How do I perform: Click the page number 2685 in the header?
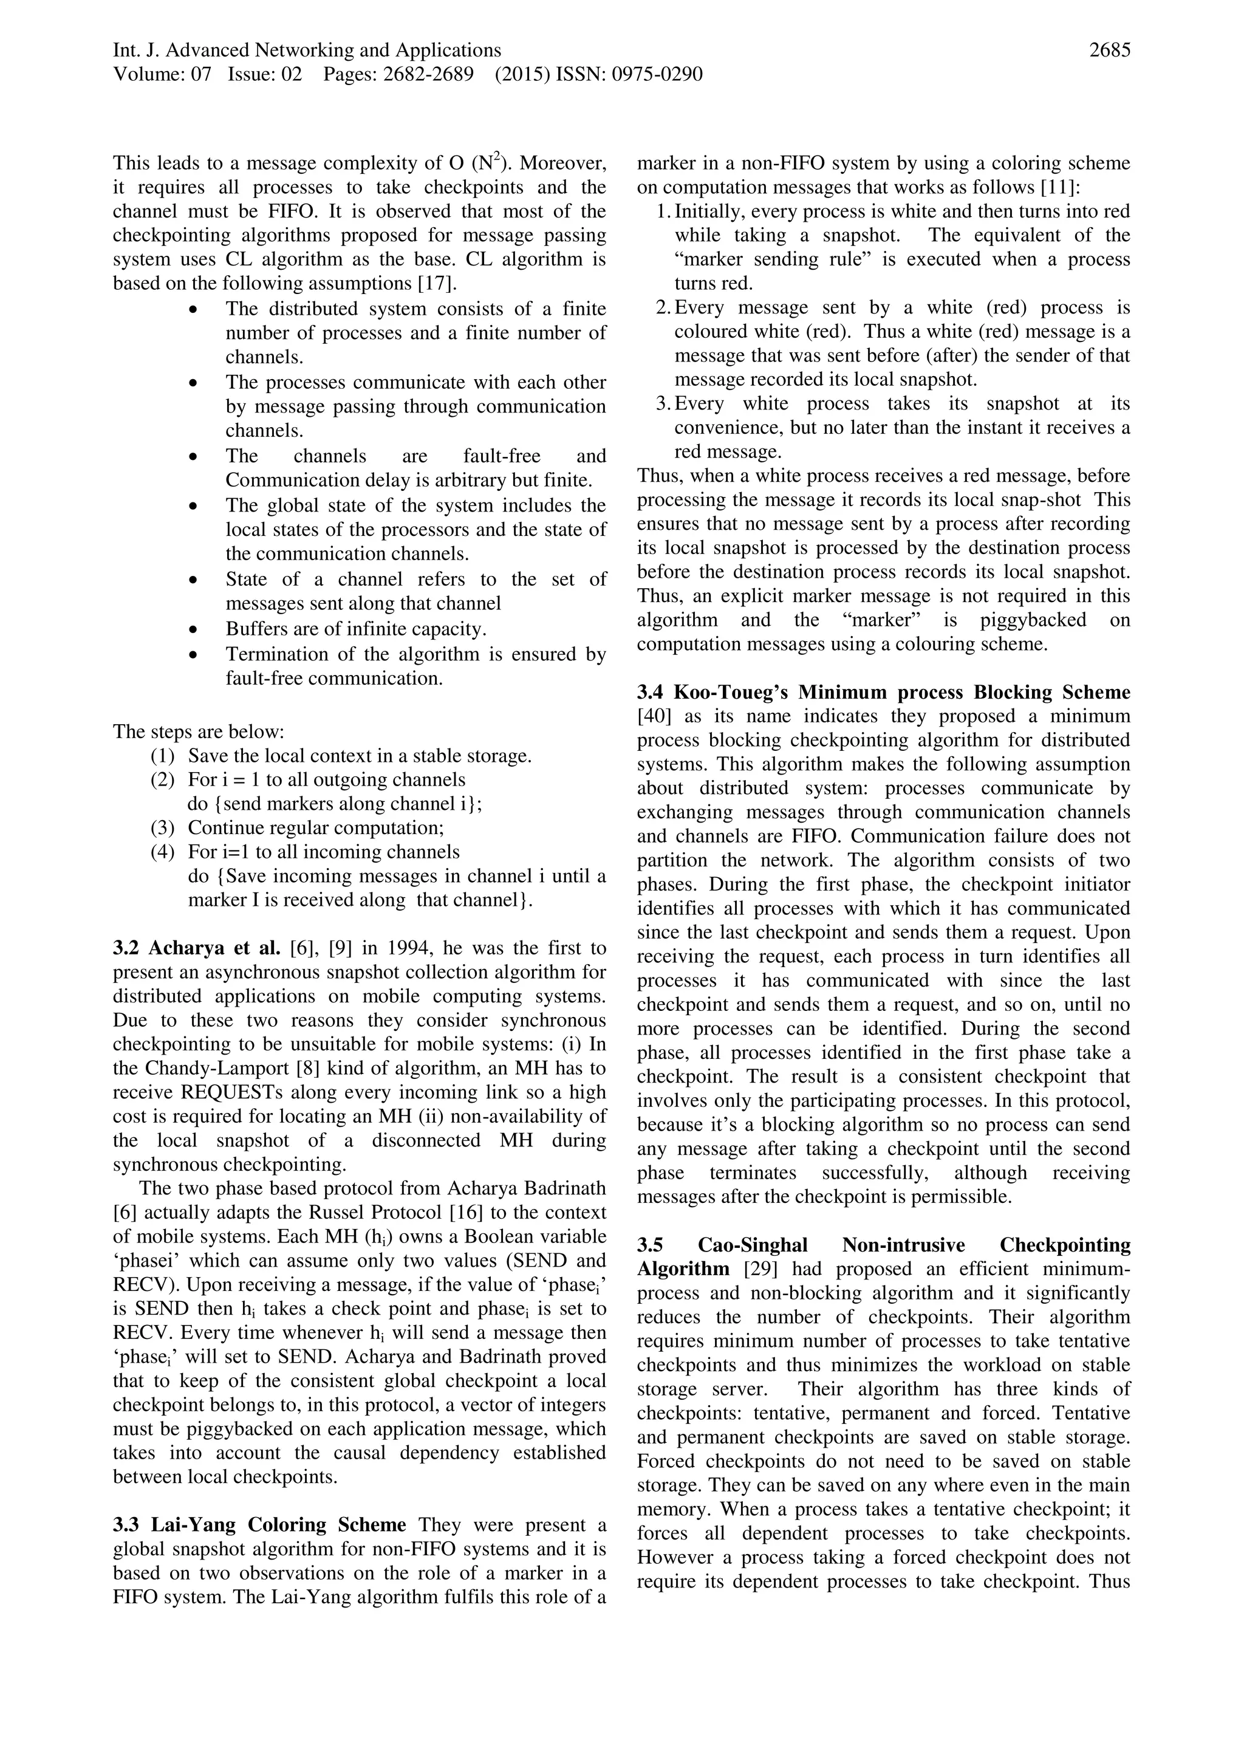click(1109, 50)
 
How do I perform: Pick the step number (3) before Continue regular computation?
click(163, 828)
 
